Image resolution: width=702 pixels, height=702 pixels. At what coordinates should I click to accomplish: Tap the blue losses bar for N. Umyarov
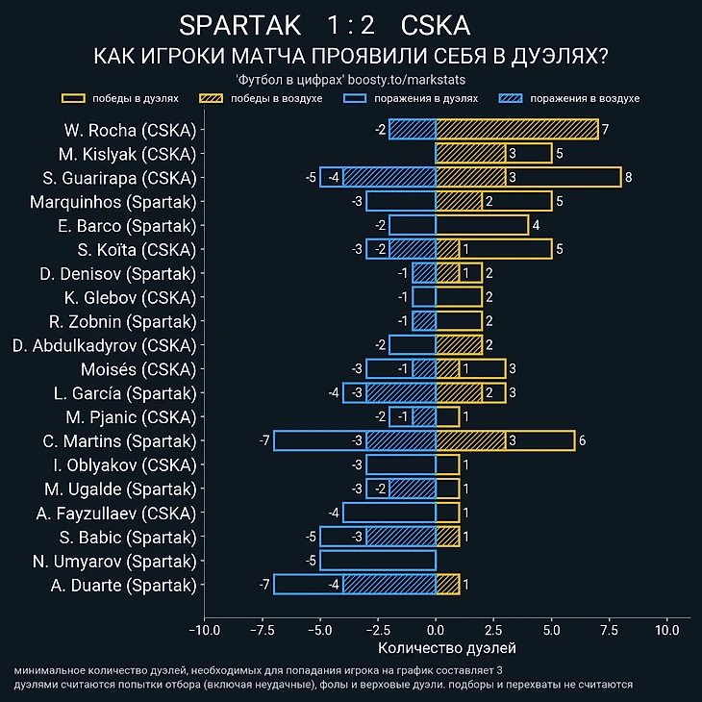click(378, 561)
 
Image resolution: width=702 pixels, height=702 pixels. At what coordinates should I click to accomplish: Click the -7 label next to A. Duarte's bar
click(263, 585)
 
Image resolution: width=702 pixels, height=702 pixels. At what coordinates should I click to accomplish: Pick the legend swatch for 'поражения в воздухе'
click(512, 98)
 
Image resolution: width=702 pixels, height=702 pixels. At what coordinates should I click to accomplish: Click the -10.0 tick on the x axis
click(204, 631)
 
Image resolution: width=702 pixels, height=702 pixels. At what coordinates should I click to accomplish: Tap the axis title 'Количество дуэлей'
click(436, 650)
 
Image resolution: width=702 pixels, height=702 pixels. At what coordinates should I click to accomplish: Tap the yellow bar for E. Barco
click(482, 226)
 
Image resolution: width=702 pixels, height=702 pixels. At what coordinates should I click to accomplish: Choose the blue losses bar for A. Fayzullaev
click(389, 513)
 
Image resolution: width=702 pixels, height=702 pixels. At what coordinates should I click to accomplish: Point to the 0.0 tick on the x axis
click(436, 631)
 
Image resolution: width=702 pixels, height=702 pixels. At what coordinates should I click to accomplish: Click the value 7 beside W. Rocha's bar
click(605, 130)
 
